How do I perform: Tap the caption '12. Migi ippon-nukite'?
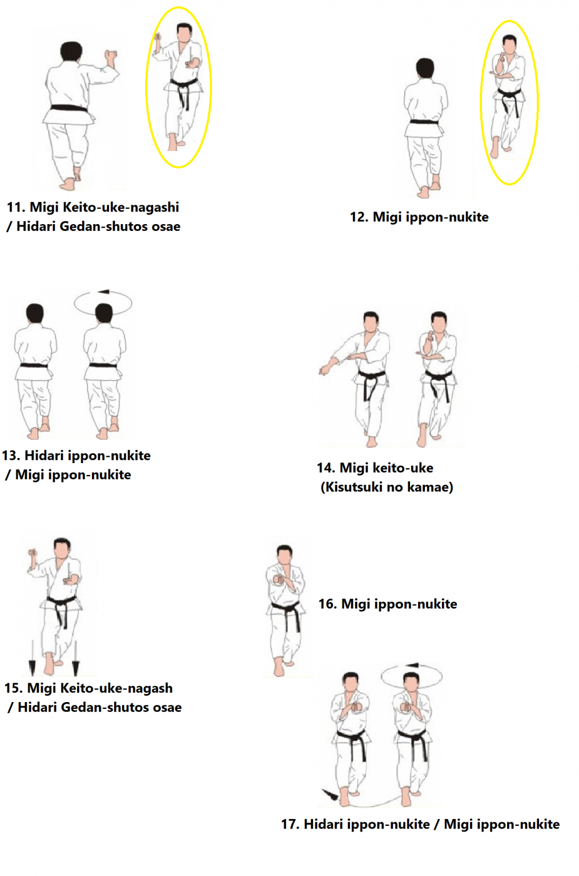pyautogui.click(x=419, y=217)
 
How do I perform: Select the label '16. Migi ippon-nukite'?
pyautogui.click(x=388, y=604)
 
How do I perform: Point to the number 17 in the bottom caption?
pyautogui.click(x=290, y=824)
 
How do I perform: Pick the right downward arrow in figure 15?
pyautogui.click(x=76, y=658)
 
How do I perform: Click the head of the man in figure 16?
pyautogui.click(x=284, y=554)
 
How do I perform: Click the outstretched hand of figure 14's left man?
pyautogui.click(x=324, y=370)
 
